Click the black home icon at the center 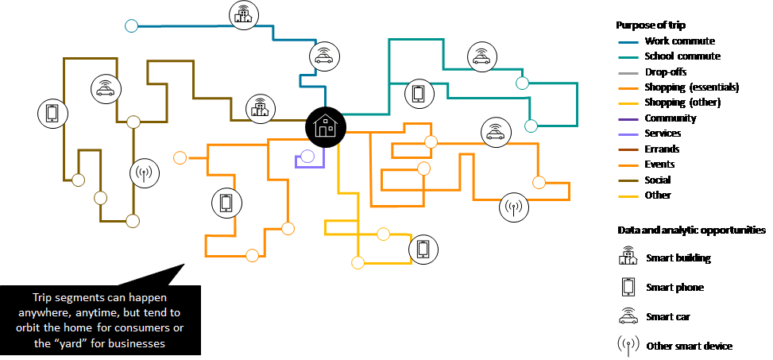[325, 126]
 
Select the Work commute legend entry [679, 41]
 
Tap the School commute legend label [682, 56]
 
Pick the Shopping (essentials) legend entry [692, 87]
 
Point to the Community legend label [671, 118]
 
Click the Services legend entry [663, 134]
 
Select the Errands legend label [662, 149]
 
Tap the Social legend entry [658, 180]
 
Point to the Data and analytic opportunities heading [691, 230]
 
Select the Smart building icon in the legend [628, 257]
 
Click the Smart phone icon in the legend [628, 287]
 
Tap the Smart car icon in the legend [628, 316]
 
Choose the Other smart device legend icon [628, 346]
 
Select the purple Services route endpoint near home [307, 157]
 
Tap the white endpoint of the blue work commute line [132, 26]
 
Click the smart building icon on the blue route [243, 14]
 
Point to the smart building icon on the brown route [257, 108]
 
